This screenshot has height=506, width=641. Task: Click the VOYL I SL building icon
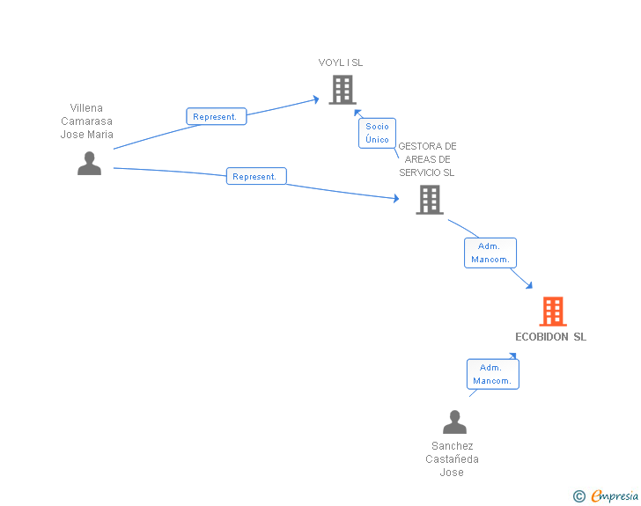[342, 90]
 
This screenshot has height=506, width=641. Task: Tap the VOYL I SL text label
[341, 62]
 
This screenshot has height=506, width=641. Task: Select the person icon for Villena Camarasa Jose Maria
[89, 164]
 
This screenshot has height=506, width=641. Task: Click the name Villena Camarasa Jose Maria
[86, 121]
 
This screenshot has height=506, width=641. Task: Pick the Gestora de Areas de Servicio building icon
[429, 200]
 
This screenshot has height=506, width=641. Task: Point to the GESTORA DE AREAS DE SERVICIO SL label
[427, 159]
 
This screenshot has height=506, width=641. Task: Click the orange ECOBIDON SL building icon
[552, 311]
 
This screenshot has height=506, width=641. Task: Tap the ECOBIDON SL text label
[550, 337]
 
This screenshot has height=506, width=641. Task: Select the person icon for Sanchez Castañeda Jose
[454, 422]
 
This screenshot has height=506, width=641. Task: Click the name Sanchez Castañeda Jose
[452, 459]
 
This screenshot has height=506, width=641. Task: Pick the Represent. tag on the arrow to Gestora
[255, 176]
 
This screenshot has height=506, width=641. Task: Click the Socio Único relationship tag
[377, 133]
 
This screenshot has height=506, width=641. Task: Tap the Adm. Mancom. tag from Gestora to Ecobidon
[490, 253]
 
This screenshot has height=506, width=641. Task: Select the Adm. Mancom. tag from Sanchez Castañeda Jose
[492, 374]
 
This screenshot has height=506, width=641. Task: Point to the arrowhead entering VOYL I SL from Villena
[315, 99]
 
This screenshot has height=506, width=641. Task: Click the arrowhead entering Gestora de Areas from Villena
[395, 199]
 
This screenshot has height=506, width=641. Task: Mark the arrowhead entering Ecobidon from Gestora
[528, 284]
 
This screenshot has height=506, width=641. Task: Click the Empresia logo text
[615, 496]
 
